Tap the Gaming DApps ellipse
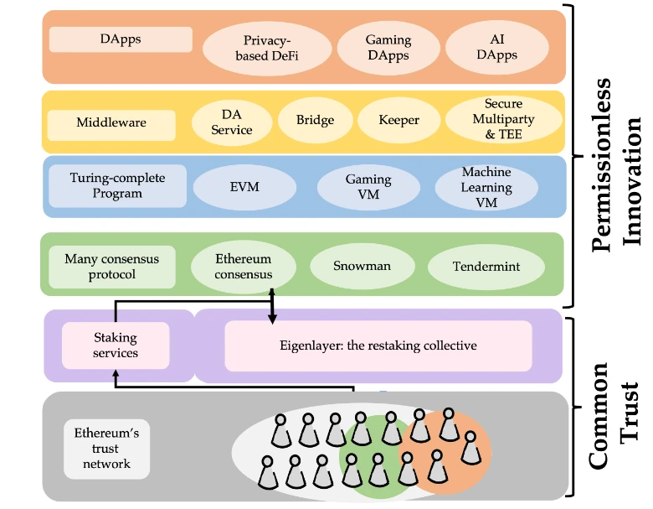[x=388, y=47]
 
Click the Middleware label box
[x=111, y=122]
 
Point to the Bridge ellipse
[x=315, y=120]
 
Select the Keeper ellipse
[x=398, y=120]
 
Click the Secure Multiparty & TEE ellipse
[x=503, y=120]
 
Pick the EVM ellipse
[x=244, y=186]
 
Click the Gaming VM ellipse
[x=368, y=186]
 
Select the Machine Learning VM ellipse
[x=486, y=186]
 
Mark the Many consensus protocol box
[x=111, y=266]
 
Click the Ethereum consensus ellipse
[x=243, y=266]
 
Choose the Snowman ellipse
[x=362, y=267]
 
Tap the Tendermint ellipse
[x=486, y=267]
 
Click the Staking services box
[x=116, y=345]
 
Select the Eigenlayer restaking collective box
[x=378, y=345]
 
